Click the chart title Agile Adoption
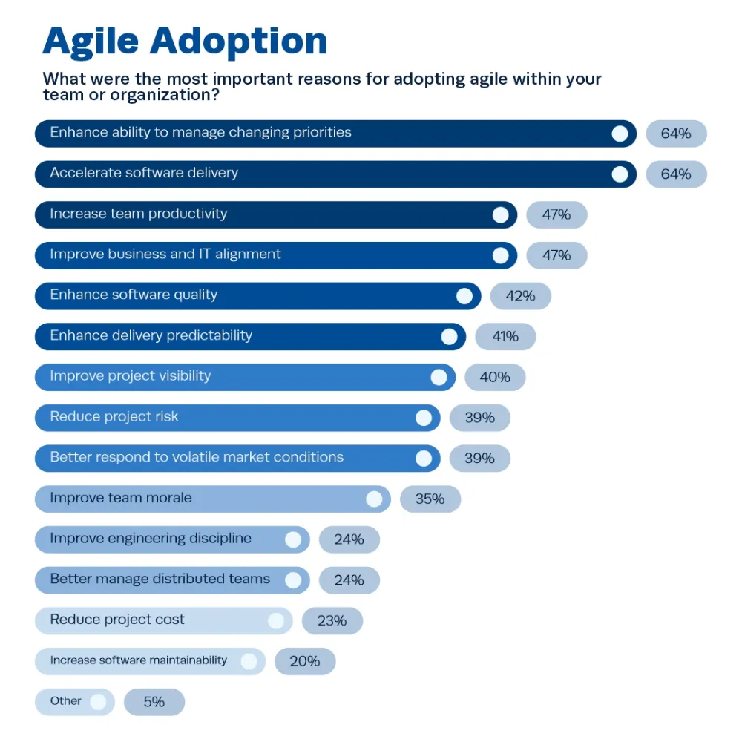pyautogui.click(x=185, y=42)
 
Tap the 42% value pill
pyautogui.click(x=520, y=296)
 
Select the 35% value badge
pyautogui.click(x=430, y=499)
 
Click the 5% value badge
pyautogui.click(x=154, y=702)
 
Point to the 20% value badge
pyautogui.click(x=304, y=661)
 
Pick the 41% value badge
pyautogui.click(x=505, y=336)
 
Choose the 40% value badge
pyautogui.click(x=494, y=377)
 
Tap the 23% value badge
pyautogui.click(x=332, y=620)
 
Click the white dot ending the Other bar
pyautogui.click(x=98, y=702)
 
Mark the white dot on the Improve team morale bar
pyautogui.click(x=374, y=499)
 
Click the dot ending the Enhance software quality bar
pyautogui.click(x=464, y=296)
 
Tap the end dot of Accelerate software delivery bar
pyautogui.click(x=620, y=174)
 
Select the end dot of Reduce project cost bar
pyautogui.click(x=276, y=620)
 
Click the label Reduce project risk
pyautogui.click(x=114, y=416)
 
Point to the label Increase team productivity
pyautogui.click(x=138, y=214)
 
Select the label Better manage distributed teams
pyautogui.click(x=160, y=579)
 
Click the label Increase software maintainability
pyautogui.click(x=138, y=660)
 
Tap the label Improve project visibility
pyautogui.click(x=130, y=375)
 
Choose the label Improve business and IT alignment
pyautogui.click(x=165, y=254)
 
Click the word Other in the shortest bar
pyautogui.click(x=65, y=700)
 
